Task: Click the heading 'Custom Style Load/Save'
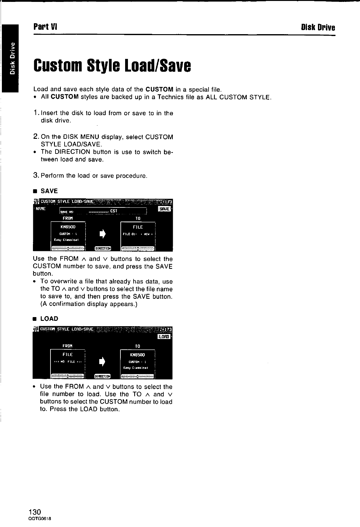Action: click(x=112, y=66)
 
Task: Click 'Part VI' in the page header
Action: click(x=45, y=26)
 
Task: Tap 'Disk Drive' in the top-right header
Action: click(x=318, y=27)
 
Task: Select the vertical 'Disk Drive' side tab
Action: click(x=12, y=59)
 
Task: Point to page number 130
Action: click(x=34, y=512)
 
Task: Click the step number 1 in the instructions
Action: click(x=36, y=113)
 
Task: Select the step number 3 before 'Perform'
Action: click(x=36, y=176)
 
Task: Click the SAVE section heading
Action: click(x=49, y=191)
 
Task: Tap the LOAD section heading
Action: click(x=49, y=319)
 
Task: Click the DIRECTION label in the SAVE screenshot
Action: click(x=103, y=248)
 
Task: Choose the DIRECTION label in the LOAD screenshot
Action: click(x=103, y=376)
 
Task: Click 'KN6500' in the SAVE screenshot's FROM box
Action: click(x=68, y=227)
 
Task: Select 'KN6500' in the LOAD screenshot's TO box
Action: click(x=137, y=355)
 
